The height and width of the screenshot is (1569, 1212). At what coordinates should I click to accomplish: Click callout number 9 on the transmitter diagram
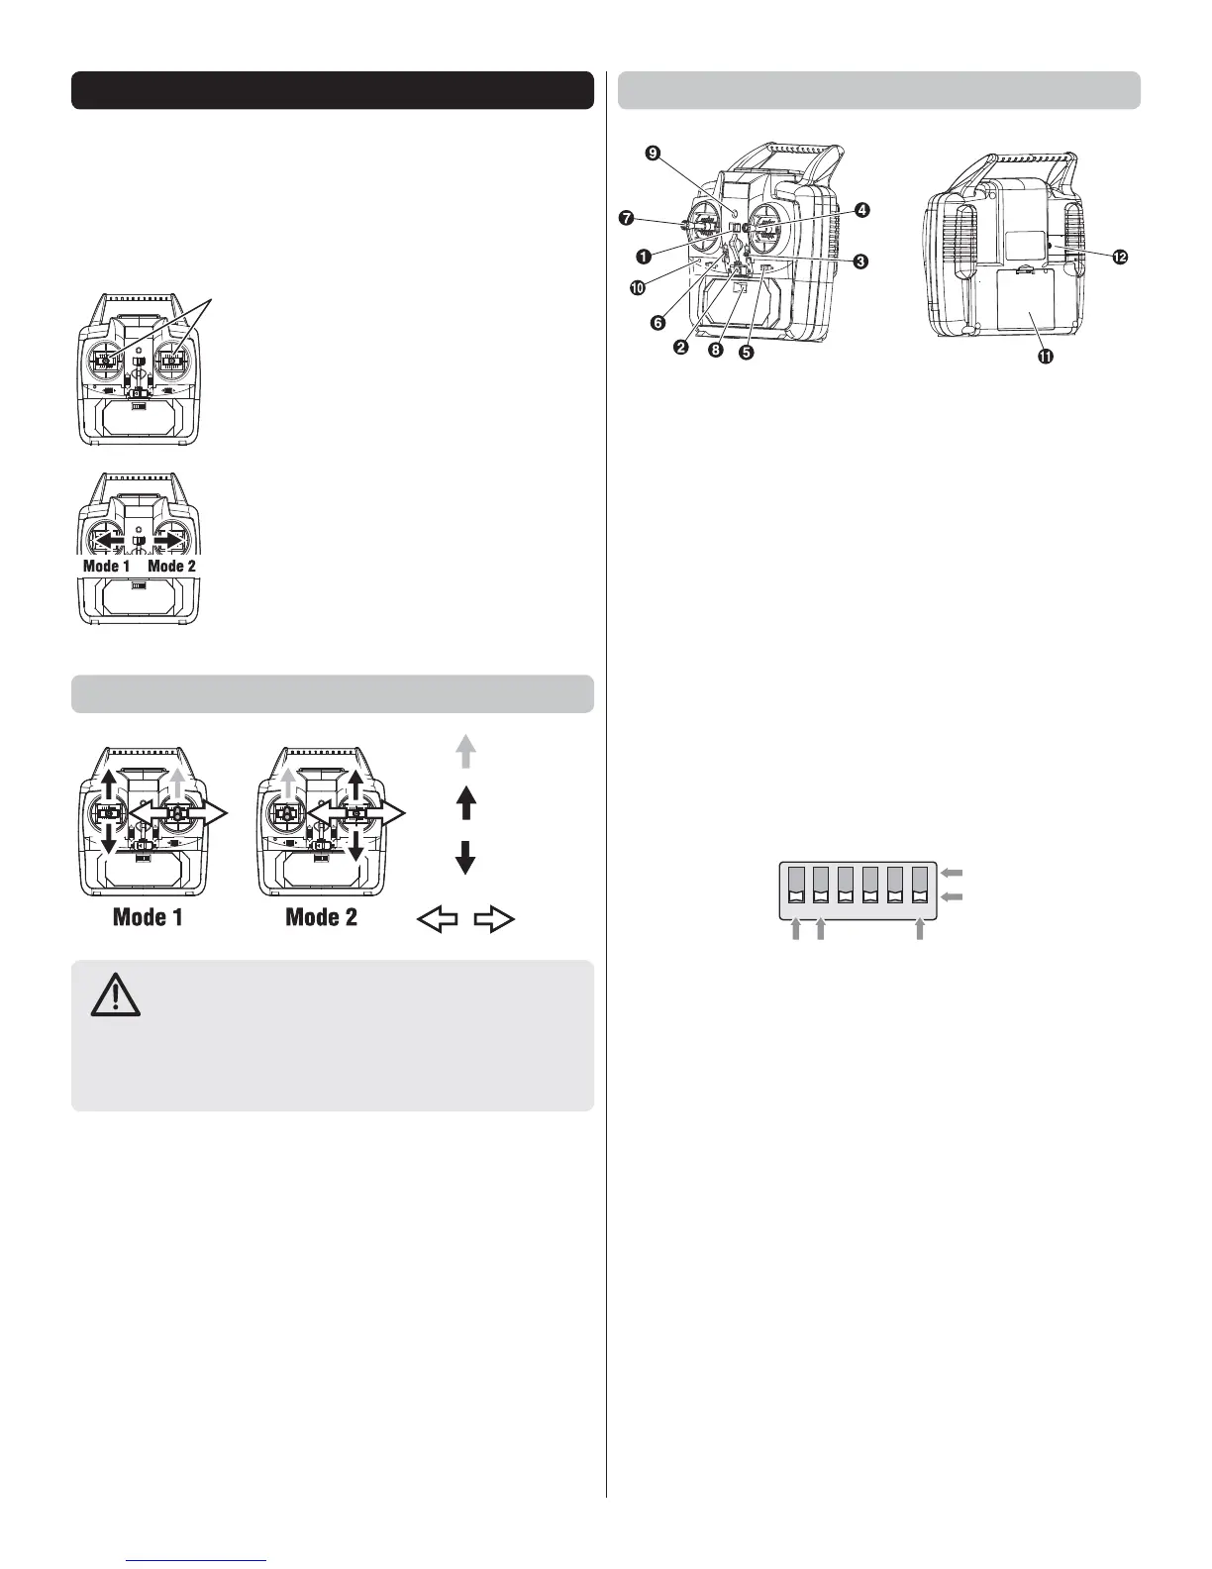(652, 153)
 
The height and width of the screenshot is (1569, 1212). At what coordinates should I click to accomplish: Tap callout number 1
(644, 256)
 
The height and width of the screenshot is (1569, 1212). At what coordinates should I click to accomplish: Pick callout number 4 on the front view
(862, 210)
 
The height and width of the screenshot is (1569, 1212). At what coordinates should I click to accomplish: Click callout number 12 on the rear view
(1120, 257)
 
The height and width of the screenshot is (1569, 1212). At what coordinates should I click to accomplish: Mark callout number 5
(747, 352)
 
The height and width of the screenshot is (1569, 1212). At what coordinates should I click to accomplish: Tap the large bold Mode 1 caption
(148, 916)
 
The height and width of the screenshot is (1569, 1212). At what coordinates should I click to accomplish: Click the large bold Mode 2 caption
(321, 916)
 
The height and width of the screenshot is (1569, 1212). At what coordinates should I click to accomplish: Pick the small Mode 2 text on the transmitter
(171, 567)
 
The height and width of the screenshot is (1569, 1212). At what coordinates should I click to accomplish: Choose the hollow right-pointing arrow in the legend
(495, 920)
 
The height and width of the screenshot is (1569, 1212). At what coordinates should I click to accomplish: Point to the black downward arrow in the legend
(465, 857)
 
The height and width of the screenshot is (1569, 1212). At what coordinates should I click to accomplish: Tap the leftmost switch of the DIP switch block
(797, 884)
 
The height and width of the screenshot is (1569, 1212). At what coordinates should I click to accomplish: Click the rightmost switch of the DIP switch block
(921, 884)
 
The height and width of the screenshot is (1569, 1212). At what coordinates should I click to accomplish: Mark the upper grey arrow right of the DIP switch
(952, 873)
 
